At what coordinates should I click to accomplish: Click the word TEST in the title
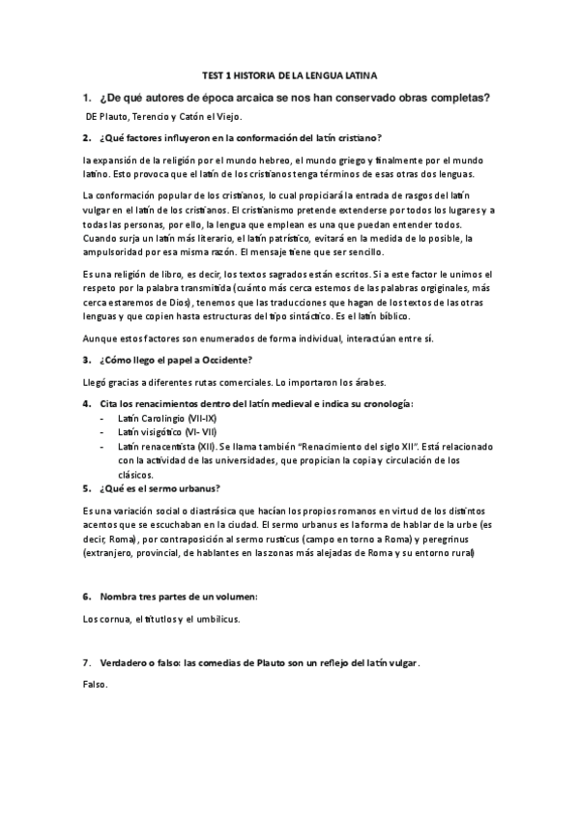tap(211, 73)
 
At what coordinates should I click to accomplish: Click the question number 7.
tap(86, 664)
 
